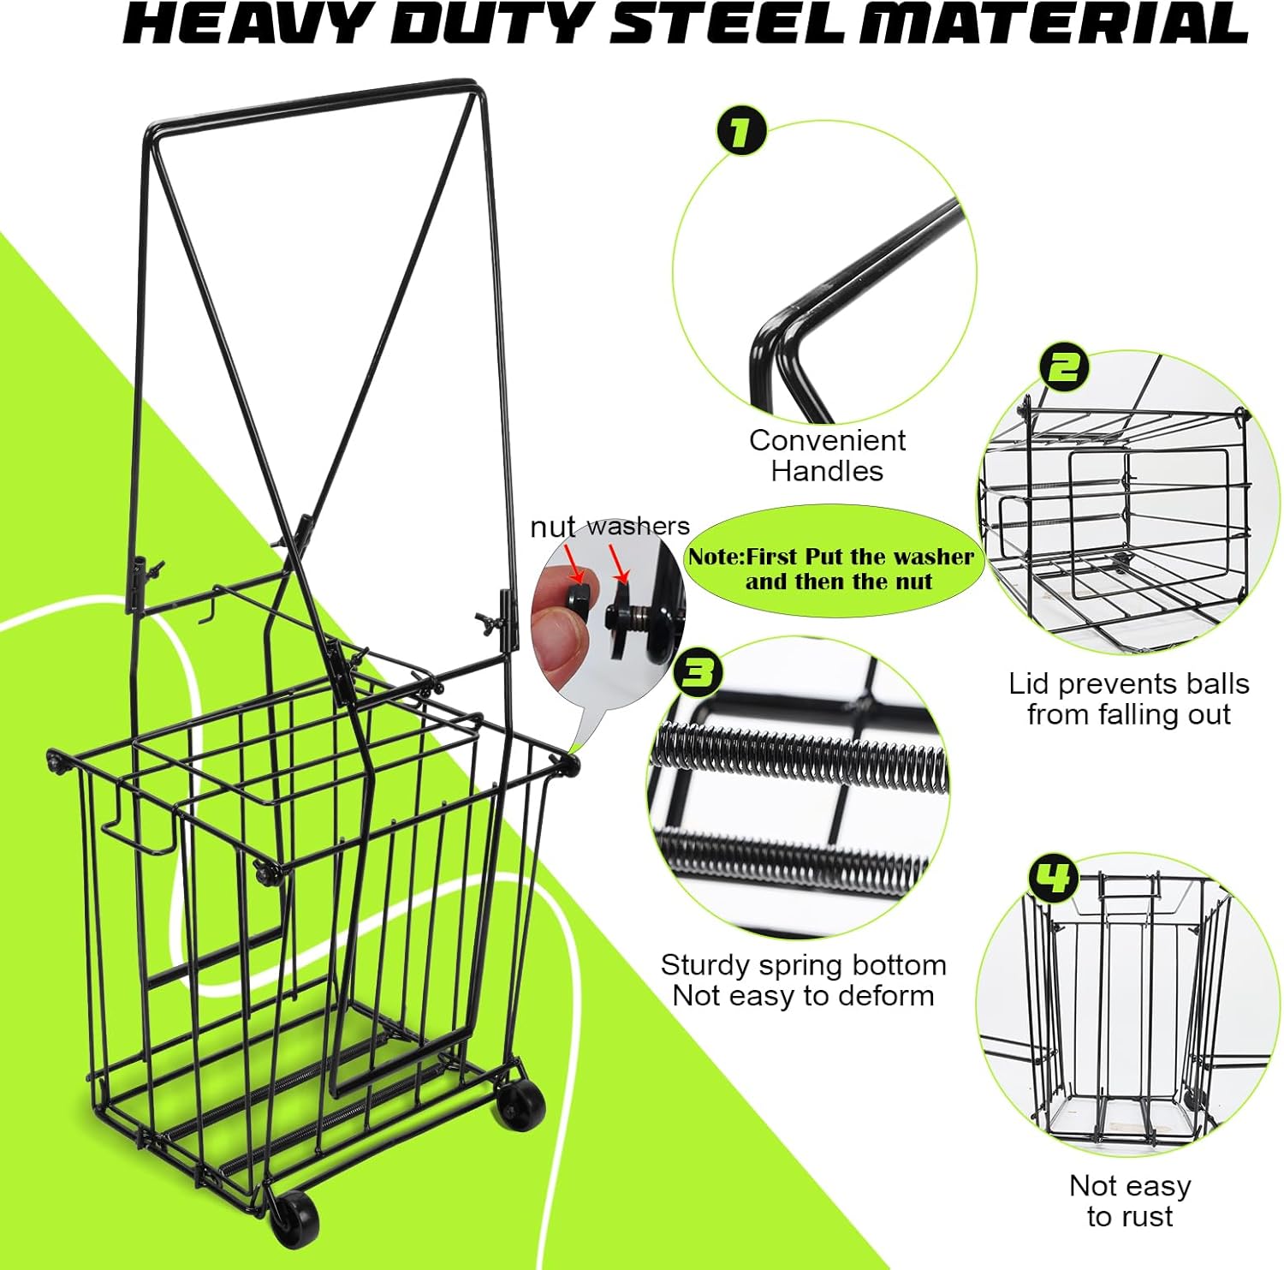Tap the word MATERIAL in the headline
pos(1054,23)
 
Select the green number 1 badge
pos(740,133)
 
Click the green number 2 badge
pos(1063,367)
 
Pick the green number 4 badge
pos(1053,879)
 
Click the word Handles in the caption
pos(827,471)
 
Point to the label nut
pos(552,528)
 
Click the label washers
pos(638,526)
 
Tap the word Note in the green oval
pos(716,557)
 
